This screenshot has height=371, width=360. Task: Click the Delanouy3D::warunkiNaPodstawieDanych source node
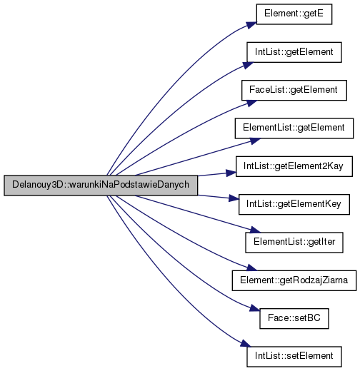pos(101,185)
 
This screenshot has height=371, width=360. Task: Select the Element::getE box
pos(294,14)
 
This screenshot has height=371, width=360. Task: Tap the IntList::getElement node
pos(294,52)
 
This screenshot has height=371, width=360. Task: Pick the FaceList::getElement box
pos(294,90)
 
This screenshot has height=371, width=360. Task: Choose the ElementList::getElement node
pos(294,128)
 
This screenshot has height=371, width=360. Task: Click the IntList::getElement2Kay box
pos(294,166)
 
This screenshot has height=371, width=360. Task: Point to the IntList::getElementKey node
pos(294,204)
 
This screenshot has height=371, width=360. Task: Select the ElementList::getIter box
pos(294,243)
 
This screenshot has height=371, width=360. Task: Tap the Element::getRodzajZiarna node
pos(294,280)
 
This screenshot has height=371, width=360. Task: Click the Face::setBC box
pos(294,318)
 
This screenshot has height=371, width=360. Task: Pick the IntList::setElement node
pos(294,357)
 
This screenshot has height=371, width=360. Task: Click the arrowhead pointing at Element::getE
pos(252,25)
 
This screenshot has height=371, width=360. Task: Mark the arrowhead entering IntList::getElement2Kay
pos(231,173)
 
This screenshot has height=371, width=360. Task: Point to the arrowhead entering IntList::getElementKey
pos(234,198)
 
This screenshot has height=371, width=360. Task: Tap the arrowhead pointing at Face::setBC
pos(255,308)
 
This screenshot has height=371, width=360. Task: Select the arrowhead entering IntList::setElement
pos(246,344)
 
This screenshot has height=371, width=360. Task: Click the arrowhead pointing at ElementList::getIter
pos(256,230)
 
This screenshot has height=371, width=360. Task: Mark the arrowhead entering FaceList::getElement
pos(252,103)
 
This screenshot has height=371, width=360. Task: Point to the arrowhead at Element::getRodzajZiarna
pos(252,268)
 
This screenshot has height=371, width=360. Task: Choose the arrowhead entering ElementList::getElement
pos(256,141)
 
